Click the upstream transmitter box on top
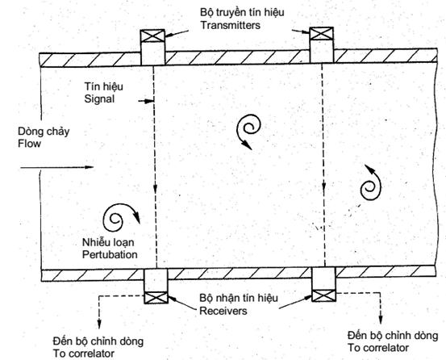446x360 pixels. (152, 36)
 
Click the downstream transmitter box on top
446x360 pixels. (322, 34)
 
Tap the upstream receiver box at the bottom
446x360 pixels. (156, 298)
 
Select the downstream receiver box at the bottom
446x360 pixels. (323, 295)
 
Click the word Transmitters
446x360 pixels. (231, 25)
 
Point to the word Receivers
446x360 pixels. (223, 311)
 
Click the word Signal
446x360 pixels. (99, 99)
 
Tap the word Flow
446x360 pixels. (29, 144)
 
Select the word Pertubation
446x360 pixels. (110, 254)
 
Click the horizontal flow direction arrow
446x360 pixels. (57, 167)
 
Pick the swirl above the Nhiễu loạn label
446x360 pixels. (122, 217)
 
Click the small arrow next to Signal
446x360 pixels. (146, 101)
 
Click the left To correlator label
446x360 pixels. (84, 354)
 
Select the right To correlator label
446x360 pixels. (378, 348)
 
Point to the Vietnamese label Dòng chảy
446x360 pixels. (44, 132)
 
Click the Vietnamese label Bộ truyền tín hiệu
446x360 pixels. (242, 13)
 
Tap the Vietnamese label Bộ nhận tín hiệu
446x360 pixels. (239, 298)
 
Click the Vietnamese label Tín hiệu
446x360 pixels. (103, 86)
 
